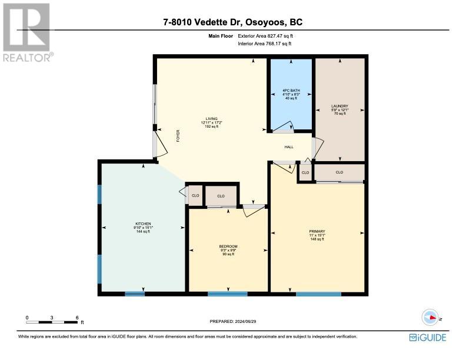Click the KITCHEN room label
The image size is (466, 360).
[143, 224]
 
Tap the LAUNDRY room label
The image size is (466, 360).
[339, 106]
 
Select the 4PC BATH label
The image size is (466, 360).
[291, 91]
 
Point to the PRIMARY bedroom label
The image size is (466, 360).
[317, 231]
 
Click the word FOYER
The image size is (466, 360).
[178, 136]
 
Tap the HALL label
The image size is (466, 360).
[289, 147]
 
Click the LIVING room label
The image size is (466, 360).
[212, 119]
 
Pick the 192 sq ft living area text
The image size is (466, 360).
[212, 126]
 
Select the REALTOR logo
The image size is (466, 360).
[28, 32]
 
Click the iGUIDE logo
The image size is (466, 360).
[428, 338]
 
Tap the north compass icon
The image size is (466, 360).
[430, 317]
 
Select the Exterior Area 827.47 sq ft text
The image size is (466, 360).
[265, 36]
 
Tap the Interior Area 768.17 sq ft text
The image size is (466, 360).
[265, 44]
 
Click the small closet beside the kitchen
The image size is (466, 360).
[195, 195]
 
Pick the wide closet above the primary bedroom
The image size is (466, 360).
[339, 172]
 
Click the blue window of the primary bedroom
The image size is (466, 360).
[318, 294]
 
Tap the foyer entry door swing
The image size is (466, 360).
[161, 144]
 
